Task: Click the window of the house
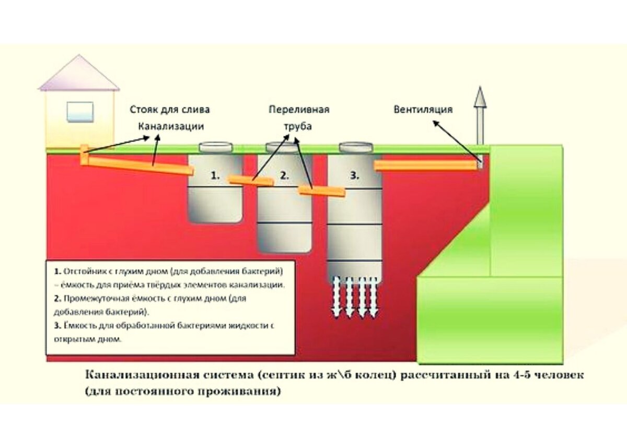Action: coord(80,112)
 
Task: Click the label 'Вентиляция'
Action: coord(423,109)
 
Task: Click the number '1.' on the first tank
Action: coord(215,176)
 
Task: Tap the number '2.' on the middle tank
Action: coord(284,176)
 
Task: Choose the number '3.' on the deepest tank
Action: coord(355,176)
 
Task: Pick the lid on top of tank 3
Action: coord(356,147)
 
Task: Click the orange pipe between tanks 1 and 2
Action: coord(251,181)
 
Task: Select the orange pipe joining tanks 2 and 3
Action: coord(321,192)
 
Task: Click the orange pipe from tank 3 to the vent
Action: coord(426,165)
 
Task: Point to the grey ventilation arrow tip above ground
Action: coord(480,97)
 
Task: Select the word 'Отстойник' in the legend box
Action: coord(83,273)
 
